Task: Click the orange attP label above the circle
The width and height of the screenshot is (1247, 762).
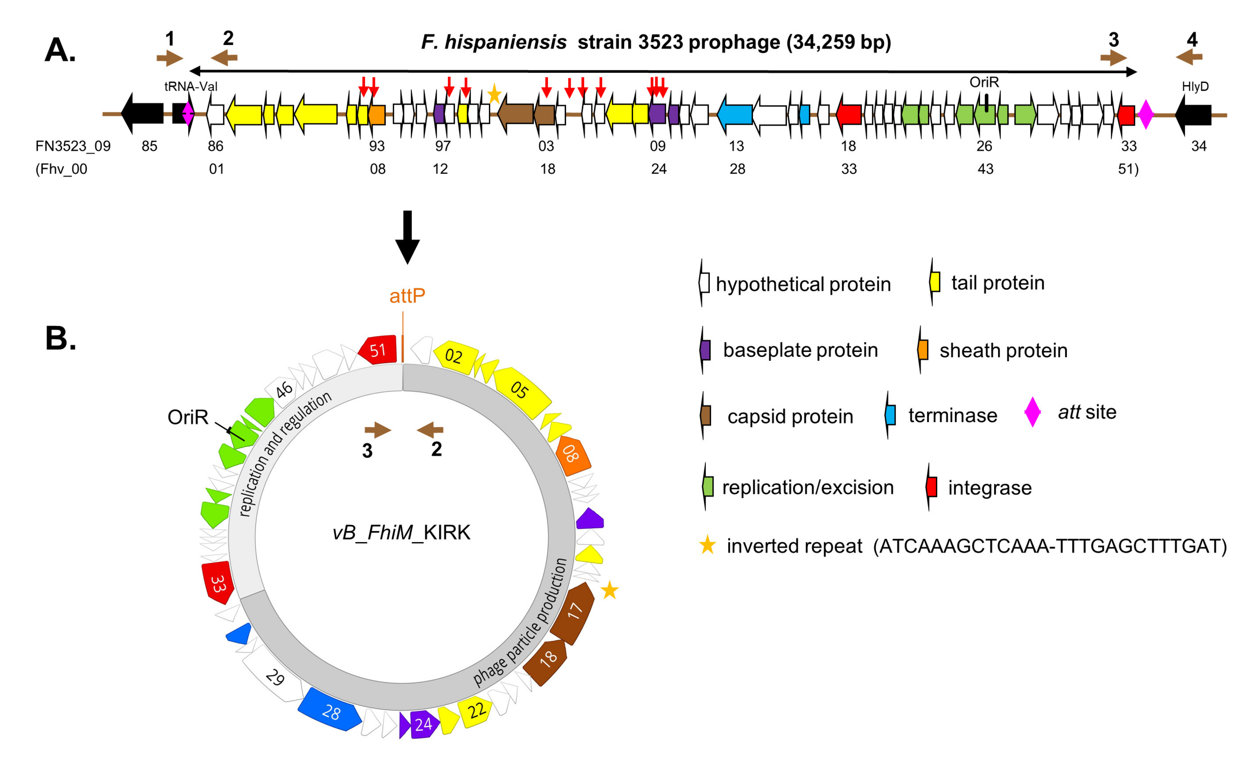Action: coord(407,295)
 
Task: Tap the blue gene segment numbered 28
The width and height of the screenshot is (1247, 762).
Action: coord(330,710)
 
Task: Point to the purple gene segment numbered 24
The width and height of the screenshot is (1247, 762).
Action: coord(423,724)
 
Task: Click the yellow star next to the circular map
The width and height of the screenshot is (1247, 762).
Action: coord(609,590)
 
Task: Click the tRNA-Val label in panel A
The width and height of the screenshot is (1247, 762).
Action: coord(191,86)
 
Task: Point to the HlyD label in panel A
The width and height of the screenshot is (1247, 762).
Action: coord(1195,86)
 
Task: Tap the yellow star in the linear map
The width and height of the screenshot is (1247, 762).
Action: coord(494,94)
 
